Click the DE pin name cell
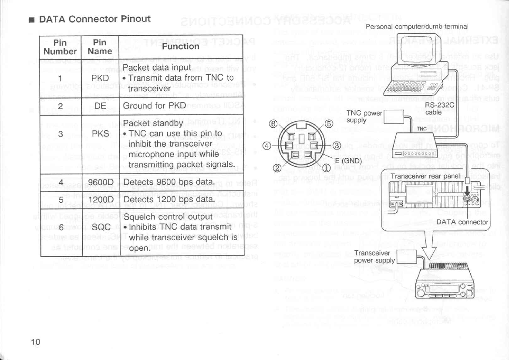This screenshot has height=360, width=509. (98, 106)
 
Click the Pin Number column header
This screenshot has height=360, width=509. (60, 47)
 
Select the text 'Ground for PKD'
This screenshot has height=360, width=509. (155, 106)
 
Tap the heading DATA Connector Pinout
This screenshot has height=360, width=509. (94, 19)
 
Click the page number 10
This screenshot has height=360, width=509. (36, 341)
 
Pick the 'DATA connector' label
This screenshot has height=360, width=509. (463, 222)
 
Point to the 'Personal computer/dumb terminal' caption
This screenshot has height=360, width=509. (417, 26)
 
